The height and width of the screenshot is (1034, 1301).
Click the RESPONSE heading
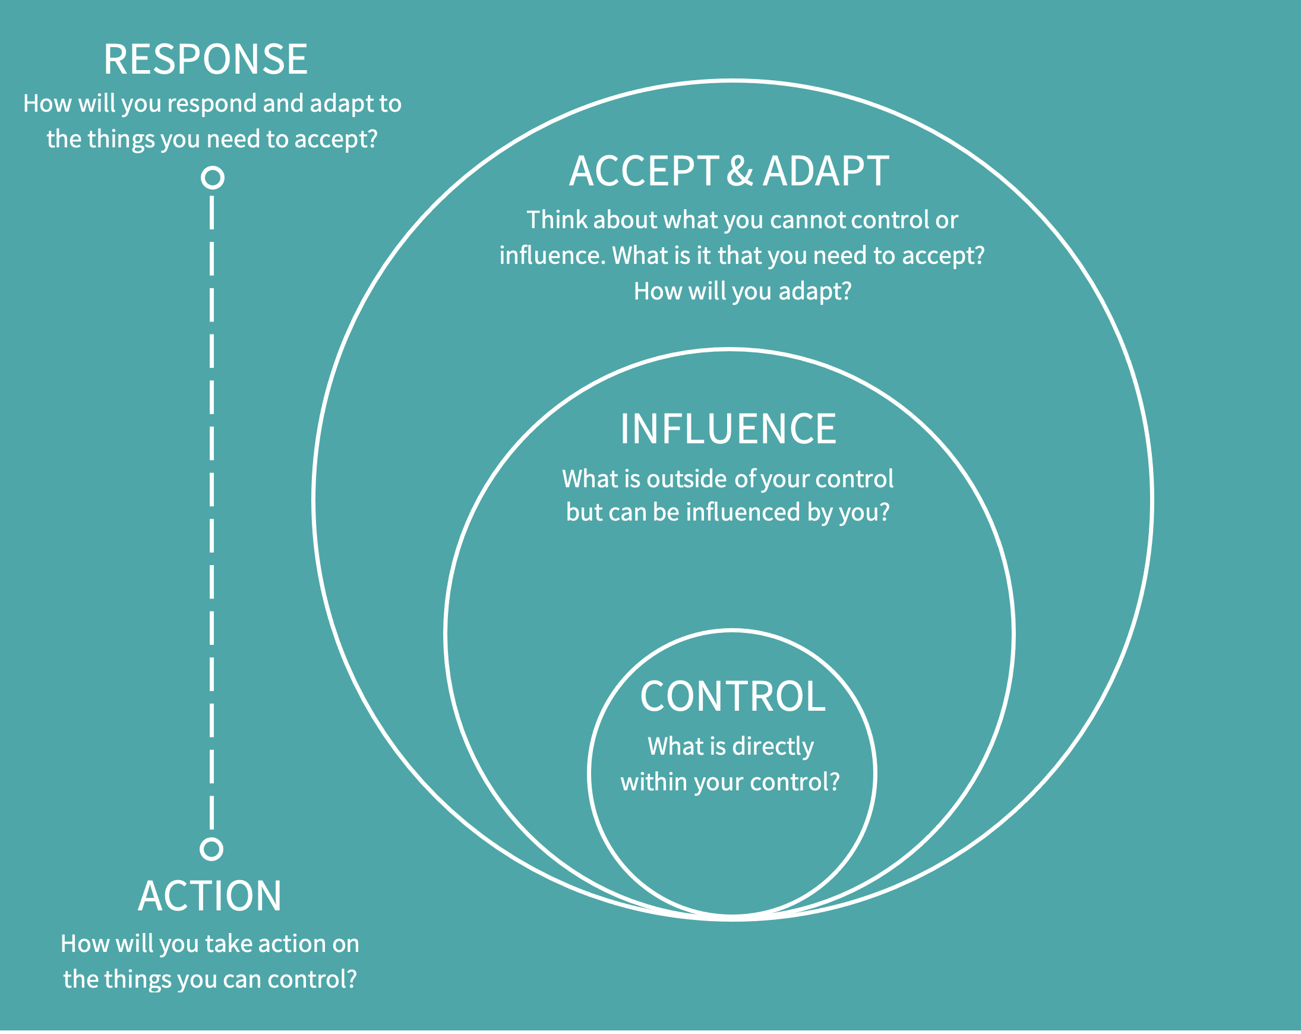(x=205, y=60)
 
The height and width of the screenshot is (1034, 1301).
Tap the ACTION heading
(x=209, y=896)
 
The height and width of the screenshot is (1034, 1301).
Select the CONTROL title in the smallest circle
(x=732, y=696)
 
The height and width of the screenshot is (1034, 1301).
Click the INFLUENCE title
(x=728, y=429)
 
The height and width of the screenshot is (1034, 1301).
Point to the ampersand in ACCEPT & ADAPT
(x=740, y=171)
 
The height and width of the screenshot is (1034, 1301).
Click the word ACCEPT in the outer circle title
(x=644, y=171)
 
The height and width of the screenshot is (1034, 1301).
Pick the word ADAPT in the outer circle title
(x=826, y=171)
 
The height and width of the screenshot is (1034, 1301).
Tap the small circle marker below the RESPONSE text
(x=213, y=178)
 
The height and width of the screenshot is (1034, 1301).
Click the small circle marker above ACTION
(x=211, y=849)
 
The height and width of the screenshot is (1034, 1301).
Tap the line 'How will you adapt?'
(x=742, y=292)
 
